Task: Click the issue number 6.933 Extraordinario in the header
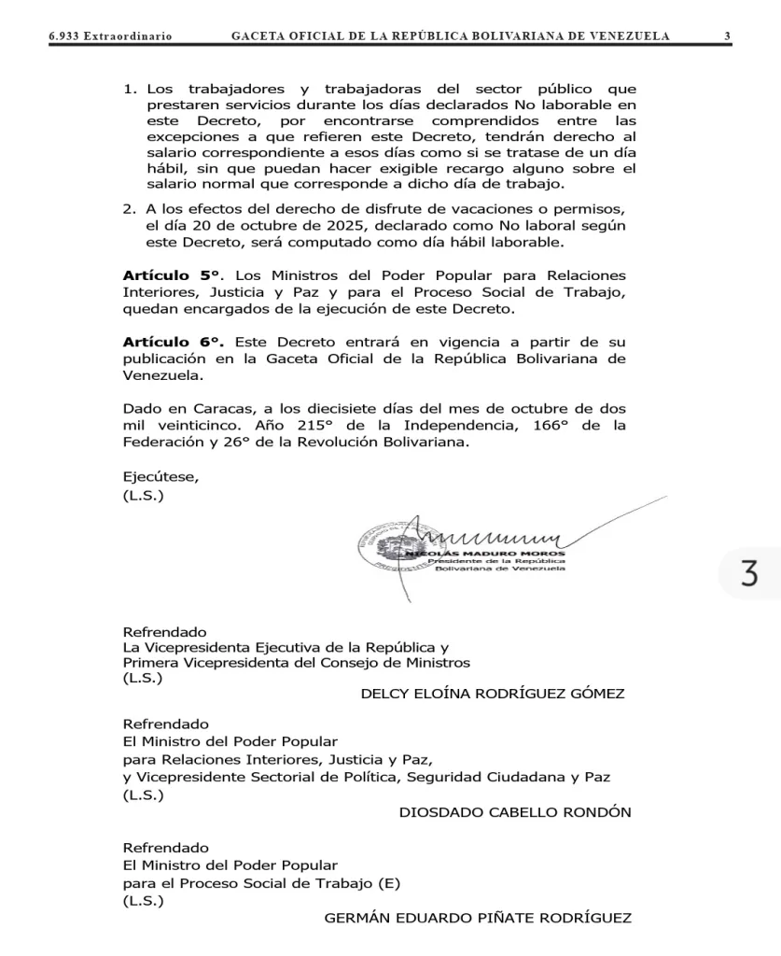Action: click(110, 36)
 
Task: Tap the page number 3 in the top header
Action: click(727, 36)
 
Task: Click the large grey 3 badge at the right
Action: click(749, 573)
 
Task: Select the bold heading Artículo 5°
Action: click(172, 276)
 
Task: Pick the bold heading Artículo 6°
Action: click(172, 343)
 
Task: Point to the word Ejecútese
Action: click(160, 477)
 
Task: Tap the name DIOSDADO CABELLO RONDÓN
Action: click(514, 812)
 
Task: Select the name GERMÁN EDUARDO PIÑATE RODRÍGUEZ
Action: click(477, 918)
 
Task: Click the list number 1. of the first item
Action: click(130, 90)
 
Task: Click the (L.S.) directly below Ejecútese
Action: click(143, 495)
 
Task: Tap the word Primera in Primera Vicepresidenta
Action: click(151, 662)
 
